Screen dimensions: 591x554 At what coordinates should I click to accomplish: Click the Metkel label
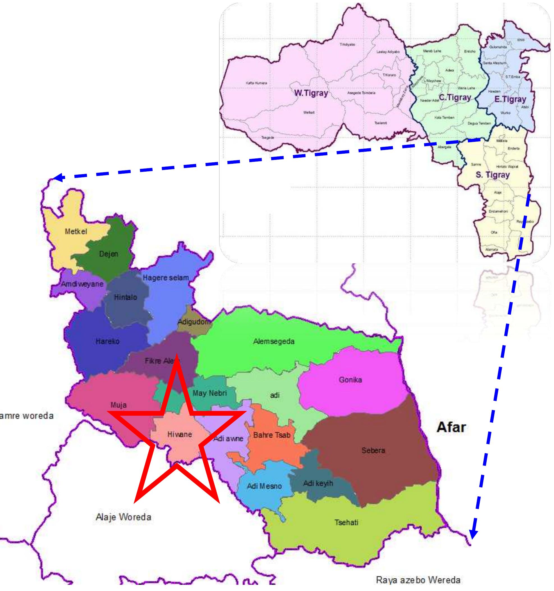[x=76, y=231]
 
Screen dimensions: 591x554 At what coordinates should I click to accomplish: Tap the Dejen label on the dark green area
[x=109, y=254]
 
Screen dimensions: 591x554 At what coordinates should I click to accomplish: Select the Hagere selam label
[x=166, y=278]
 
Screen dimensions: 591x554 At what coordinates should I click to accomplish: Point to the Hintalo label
[x=126, y=297]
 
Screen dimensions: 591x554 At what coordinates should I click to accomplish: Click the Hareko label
[x=107, y=341]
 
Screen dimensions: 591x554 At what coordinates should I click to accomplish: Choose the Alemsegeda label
[x=274, y=341]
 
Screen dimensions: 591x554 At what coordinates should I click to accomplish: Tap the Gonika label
[x=350, y=380]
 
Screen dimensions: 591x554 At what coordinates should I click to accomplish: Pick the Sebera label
[x=373, y=450]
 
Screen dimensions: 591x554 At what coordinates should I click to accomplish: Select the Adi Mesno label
[x=264, y=486]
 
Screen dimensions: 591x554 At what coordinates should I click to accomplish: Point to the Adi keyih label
[x=318, y=483]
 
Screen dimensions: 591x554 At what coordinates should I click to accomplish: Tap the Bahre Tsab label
[x=272, y=435]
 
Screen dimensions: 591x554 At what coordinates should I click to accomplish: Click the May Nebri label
[x=210, y=393]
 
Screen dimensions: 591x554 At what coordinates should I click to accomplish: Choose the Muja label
[x=118, y=404]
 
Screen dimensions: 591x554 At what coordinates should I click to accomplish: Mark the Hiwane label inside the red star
[x=180, y=434]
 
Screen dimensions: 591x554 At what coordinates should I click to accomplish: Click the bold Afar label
[x=451, y=427]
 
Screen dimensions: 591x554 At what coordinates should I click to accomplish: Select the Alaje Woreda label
[x=123, y=517]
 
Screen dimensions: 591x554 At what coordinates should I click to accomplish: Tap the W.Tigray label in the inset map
[x=311, y=93]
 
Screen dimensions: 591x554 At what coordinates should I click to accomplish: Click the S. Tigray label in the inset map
[x=493, y=175]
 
